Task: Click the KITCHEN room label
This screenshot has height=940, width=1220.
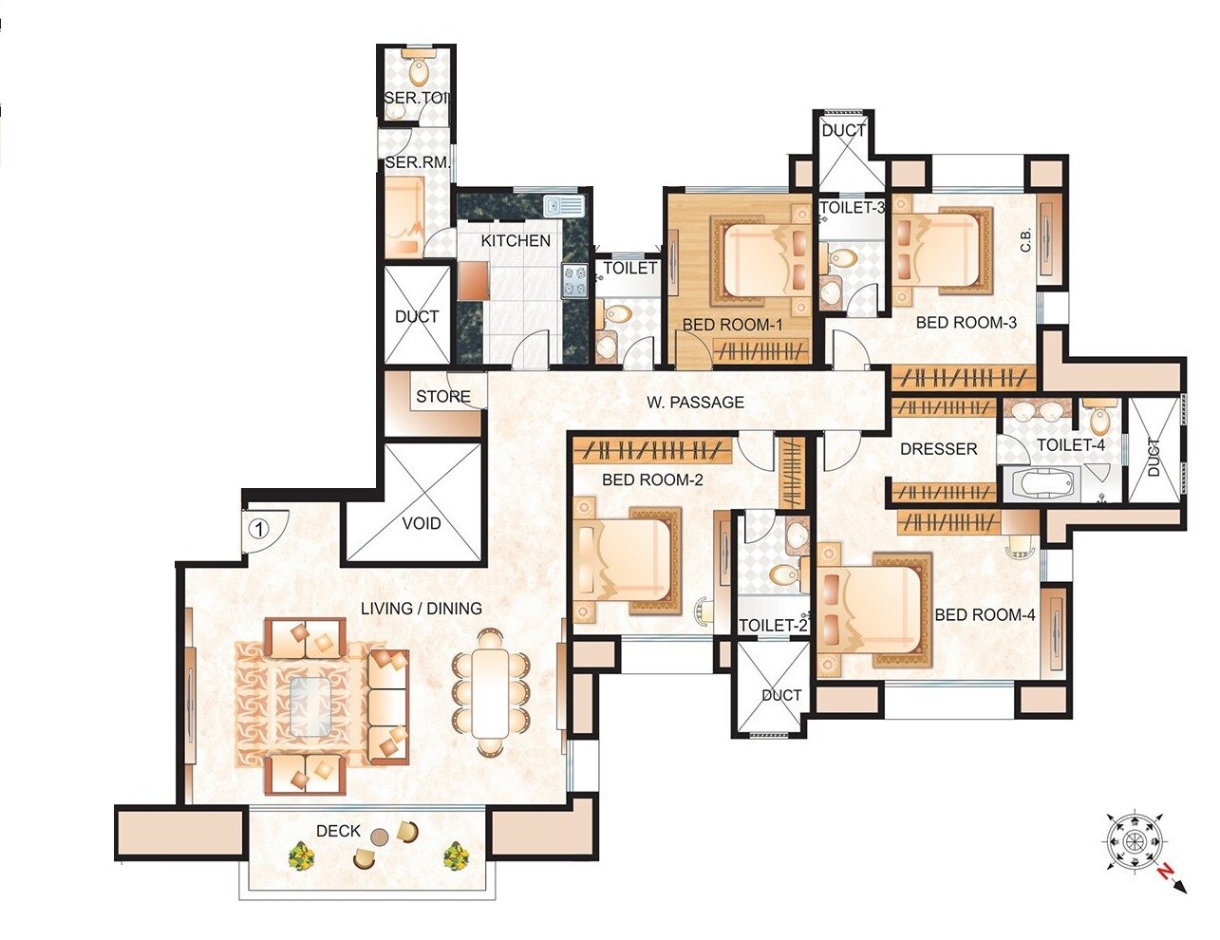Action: coord(516,241)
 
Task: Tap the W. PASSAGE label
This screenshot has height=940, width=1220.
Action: coord(695,403)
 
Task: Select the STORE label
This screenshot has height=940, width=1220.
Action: coord(442,397)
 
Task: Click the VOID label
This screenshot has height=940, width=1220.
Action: coord(422,523)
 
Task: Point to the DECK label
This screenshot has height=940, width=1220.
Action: coord(338,831)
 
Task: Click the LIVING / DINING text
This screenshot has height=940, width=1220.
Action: coord(422,609)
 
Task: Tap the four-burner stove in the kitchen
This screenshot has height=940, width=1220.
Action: coord(575,281)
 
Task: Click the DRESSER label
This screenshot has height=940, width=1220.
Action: coord(938,449)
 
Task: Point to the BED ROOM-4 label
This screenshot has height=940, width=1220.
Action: coord(985,615)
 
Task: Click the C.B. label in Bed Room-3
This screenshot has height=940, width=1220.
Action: coord(1026,241)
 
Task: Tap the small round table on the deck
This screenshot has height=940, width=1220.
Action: coord(379,837)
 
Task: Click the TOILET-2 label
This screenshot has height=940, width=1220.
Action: coord(773,625)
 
